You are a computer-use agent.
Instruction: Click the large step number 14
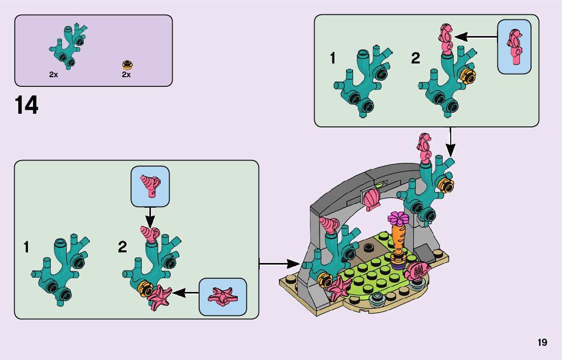(26, 106)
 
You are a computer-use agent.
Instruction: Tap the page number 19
(542, 343)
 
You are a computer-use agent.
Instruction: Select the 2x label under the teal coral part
(53, 75)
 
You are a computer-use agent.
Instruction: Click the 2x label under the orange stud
(126, 75)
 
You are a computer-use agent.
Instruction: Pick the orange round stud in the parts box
(127, 64)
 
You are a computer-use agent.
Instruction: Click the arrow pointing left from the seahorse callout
(475, 36)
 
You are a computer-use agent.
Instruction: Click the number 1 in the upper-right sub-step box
(333, 58)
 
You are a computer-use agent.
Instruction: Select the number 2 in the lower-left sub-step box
(122, 247)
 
